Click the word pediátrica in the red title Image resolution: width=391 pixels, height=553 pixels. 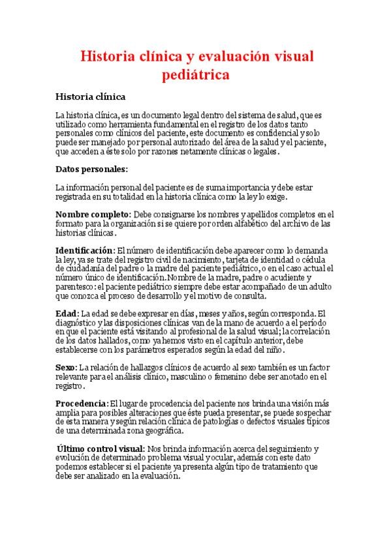point(195,76)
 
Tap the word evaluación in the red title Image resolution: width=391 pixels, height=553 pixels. point(229,57)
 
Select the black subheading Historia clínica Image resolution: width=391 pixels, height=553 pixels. point(90,97)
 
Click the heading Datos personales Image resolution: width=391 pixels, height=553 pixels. point(91,170)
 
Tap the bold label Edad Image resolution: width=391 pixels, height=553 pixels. point(67,313)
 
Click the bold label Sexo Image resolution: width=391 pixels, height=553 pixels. point(67,368)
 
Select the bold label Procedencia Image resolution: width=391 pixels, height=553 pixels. point(82,404)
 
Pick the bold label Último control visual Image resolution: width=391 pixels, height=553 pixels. point(101,449)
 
